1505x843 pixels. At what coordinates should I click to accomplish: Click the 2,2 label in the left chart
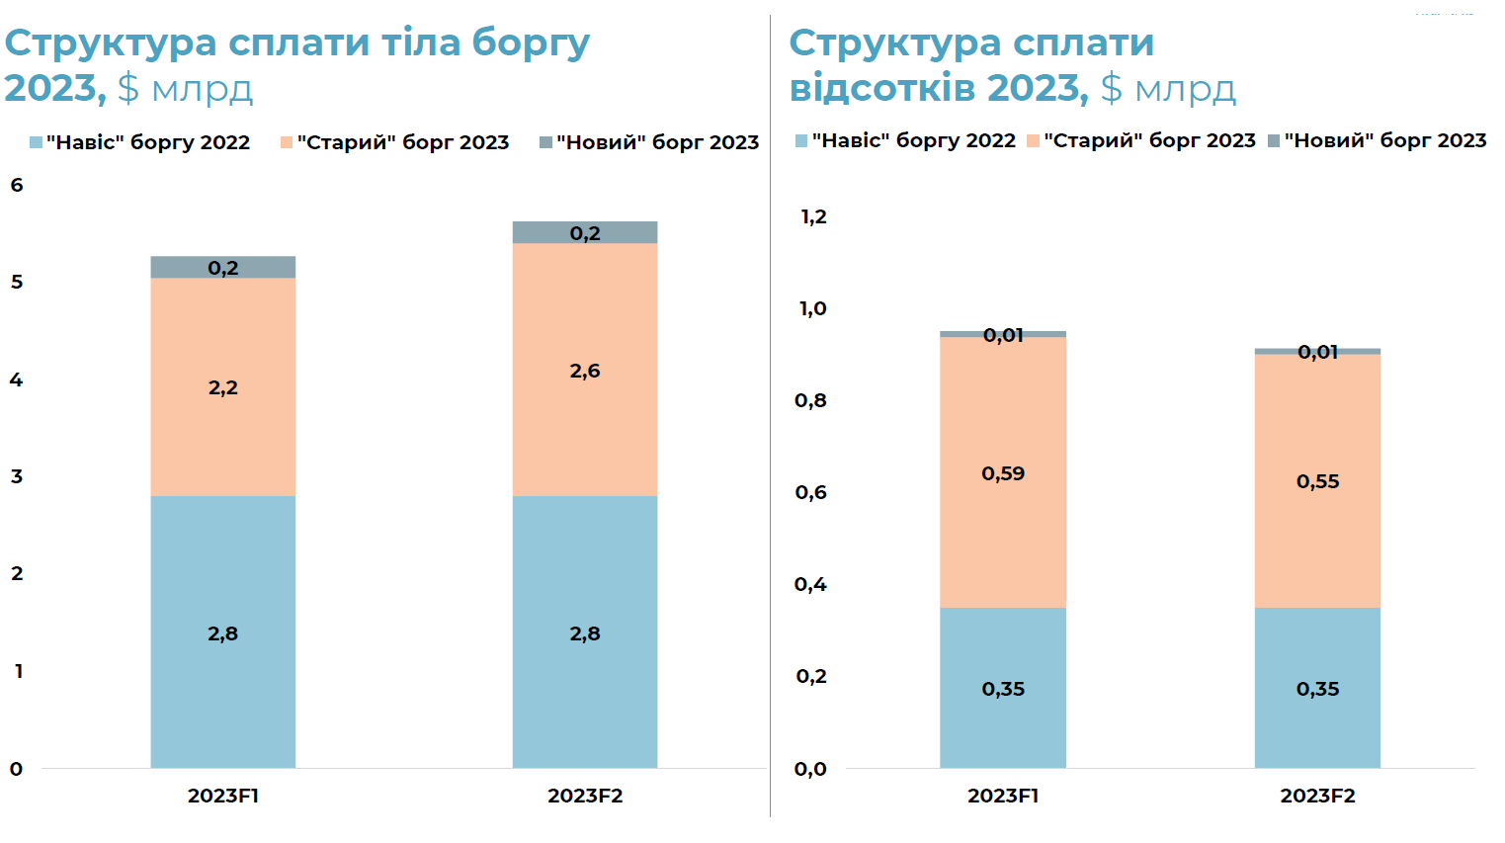point(222,387)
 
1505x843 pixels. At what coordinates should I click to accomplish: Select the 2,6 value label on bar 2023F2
point(584,371)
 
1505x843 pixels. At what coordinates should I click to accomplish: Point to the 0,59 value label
point(1003,473)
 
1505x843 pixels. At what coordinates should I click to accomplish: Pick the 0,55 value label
point(1317,481)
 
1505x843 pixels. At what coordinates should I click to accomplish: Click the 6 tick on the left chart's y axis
point(17,185)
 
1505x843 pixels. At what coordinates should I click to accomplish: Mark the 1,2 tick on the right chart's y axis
point(813,216)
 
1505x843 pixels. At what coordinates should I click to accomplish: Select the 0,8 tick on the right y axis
point(810,400)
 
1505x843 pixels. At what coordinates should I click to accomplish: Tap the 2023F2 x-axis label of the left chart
point(585,796)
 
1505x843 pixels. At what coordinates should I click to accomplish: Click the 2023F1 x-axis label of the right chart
point(1003,796)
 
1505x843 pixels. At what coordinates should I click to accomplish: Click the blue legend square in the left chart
point(36,142)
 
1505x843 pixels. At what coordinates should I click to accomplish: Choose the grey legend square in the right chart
point(1274,141)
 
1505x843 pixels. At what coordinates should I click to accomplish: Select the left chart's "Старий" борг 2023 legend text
point(403,142)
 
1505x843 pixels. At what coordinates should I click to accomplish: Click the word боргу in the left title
point(531,42)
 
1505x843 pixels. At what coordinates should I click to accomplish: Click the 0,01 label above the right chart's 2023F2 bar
point(1317,352)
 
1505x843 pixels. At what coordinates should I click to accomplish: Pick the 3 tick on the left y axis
point(17,476)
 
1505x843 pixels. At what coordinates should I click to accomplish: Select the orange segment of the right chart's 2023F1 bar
point(1003,534)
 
